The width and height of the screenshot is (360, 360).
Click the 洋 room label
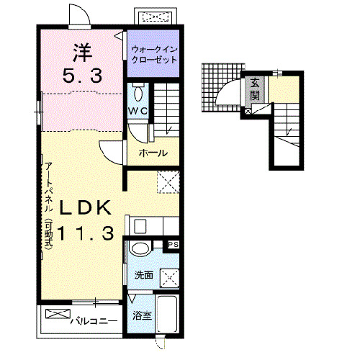[x=83, y=53]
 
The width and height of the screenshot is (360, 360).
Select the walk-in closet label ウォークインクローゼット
[x=154, y=55]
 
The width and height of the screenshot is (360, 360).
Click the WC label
[x=138, y=111]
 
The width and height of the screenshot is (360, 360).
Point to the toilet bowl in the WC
[x=138, y=93]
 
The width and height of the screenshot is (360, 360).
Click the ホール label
[x=153, y=153]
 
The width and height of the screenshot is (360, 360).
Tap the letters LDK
[x=86, y=208]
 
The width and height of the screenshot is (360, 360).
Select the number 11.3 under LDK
[x=86, y=233]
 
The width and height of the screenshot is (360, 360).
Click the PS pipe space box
[x=174, y=245]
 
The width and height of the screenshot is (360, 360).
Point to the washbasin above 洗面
[x=140, y=248]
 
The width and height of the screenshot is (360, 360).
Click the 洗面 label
[x=143, y=275]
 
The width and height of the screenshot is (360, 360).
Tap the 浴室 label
[x=142, y=315]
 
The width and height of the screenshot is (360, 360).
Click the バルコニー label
[x=94, y=321]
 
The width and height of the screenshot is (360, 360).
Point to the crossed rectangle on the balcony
[x=58, y=314]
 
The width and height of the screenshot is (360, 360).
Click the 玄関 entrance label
[x=255, y=89]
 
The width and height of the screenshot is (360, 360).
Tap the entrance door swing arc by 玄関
[x=225, y=88]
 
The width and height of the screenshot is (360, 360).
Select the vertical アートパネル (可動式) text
[x=49, y=207]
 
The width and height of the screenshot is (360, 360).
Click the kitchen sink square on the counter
[x=140, y=226]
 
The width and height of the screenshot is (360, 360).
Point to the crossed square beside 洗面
[x=169, y=278]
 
